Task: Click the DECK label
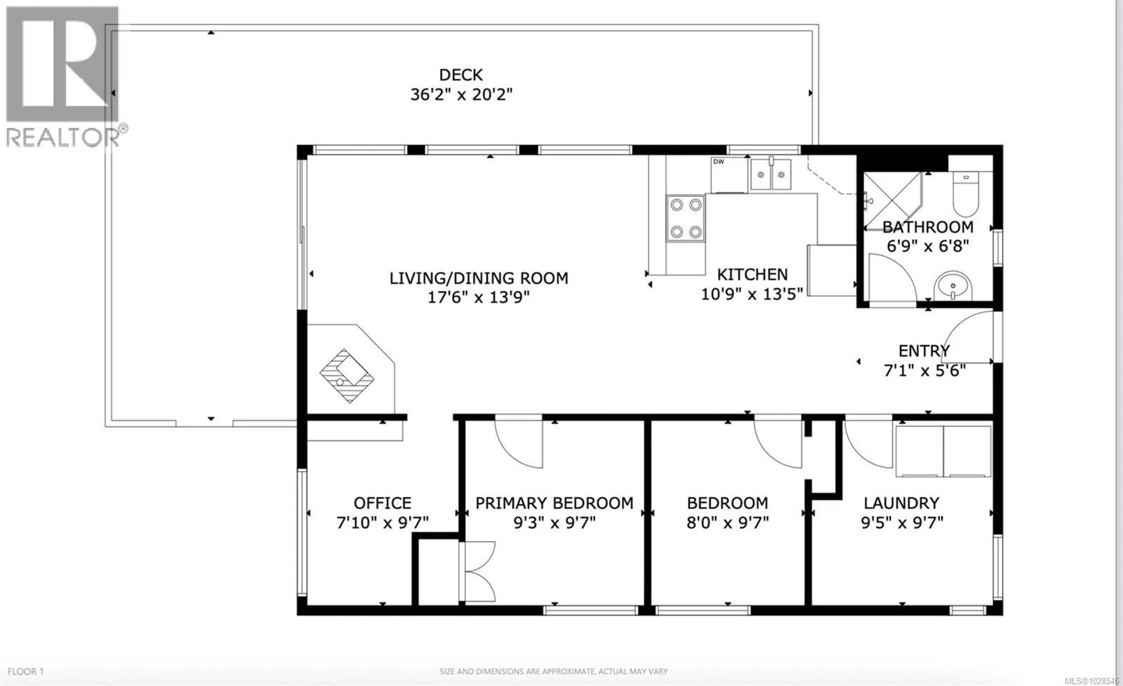[461, 75]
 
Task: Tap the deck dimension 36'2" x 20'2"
[461, 95]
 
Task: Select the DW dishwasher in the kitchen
[728, 175]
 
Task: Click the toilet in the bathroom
[966, 194]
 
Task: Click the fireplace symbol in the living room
[347, 376]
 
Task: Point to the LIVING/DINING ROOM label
[478, 278]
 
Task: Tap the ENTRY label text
[924, 351]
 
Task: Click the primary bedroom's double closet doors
[478, 572]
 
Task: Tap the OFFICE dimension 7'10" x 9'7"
[383, 523]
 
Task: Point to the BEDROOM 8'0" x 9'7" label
[727, 513]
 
